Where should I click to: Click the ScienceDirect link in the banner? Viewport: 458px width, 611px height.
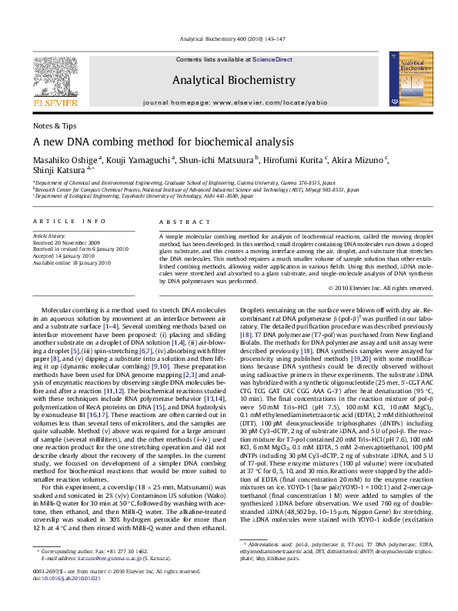[272, 59]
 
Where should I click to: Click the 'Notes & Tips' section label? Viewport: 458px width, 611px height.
[54, 125]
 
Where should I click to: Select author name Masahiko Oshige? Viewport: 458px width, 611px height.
[64, 159]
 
